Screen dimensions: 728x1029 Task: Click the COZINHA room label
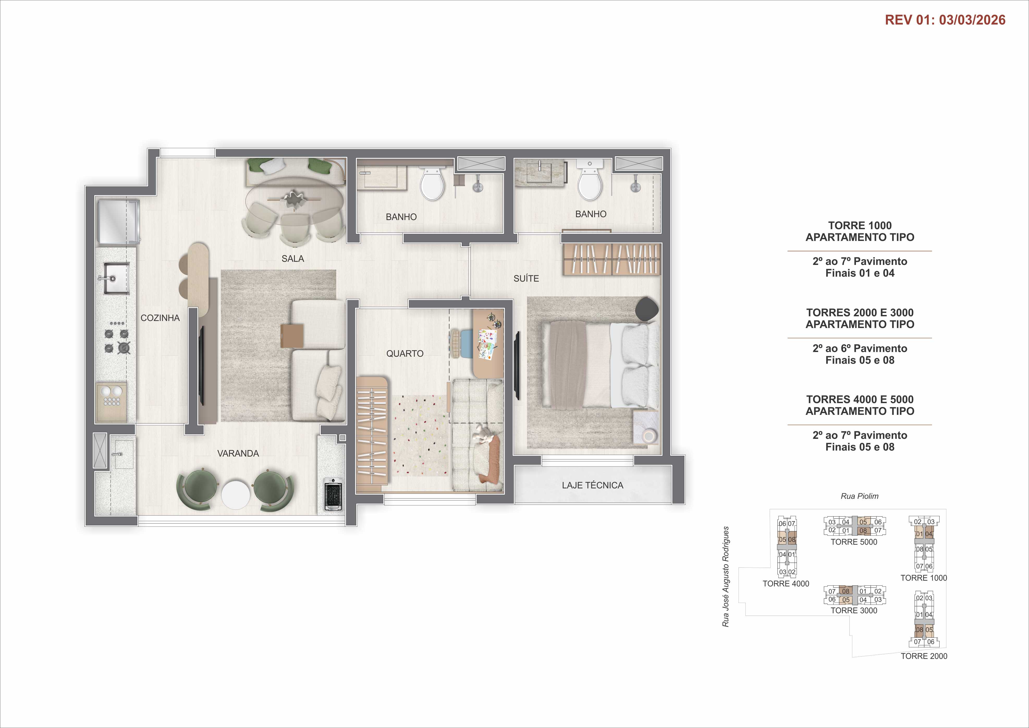tap(160, 318)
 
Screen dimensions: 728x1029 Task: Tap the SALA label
tap(293, 259)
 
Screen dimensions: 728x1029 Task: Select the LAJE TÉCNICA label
tap(592, 485)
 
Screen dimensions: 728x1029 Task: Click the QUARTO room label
tap(405, 354)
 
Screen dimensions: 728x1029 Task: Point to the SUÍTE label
tap(526, 278)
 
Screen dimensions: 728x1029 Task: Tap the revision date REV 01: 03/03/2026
tap(945, 20)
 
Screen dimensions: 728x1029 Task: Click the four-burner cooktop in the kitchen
tap(117, 341)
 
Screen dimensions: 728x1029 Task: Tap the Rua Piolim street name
tap(859, 496)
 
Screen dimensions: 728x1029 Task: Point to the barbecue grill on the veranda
tap(333, 494)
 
